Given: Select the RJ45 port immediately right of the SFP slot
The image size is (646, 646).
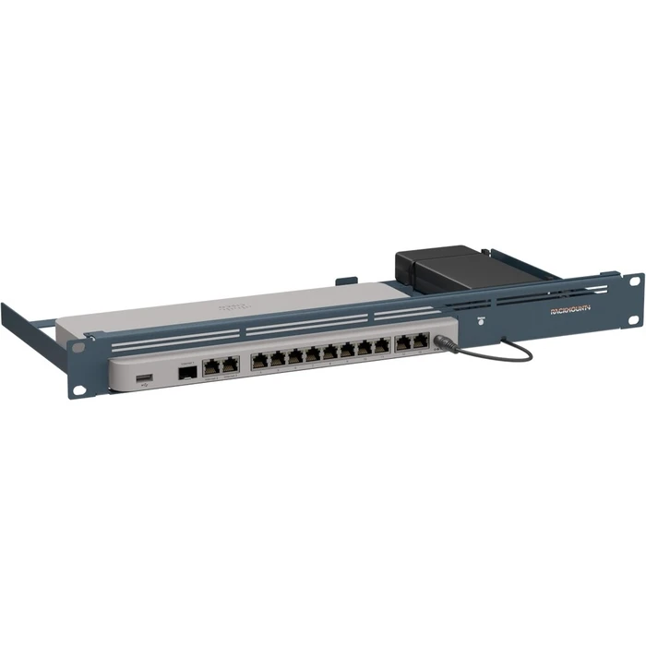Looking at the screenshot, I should coord(210,365).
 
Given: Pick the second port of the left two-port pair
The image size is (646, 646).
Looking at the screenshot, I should coord(230,363).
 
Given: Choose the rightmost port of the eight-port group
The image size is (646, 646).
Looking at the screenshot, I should coord(382,345).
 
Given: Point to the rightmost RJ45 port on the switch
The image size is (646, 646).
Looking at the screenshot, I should coord(422,341).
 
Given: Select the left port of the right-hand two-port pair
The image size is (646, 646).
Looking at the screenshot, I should coord(403,343).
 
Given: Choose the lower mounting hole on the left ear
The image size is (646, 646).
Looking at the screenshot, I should coord(80,389).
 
